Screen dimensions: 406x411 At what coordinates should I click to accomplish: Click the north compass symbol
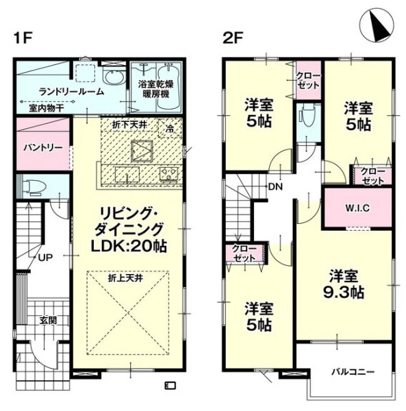[377, 25]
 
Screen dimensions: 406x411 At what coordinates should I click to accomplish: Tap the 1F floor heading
[23, 38]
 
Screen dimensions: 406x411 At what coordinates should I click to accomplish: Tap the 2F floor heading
[233, 38]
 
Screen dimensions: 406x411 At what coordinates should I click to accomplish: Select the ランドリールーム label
[71, 92]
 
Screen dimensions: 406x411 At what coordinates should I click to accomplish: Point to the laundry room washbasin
[114, 76]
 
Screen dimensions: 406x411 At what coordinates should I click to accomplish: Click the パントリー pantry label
[43, 147]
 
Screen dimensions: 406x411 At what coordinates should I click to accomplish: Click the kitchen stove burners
[170, 173]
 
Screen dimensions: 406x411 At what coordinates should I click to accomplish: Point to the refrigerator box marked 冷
[170, 128]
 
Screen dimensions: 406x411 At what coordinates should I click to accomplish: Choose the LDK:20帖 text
[128, 246]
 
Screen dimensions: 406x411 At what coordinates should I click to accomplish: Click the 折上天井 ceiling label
[126, 278]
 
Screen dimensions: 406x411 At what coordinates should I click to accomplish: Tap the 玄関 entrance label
[49, 320]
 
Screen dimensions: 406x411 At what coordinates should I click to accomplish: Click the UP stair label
[46, 258]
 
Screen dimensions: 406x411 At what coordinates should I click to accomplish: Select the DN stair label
[275, 187]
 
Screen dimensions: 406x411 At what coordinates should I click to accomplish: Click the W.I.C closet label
[357, 208]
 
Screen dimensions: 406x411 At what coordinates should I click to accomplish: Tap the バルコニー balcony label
[353, 372]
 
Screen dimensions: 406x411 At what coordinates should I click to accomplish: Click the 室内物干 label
[47, 108]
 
